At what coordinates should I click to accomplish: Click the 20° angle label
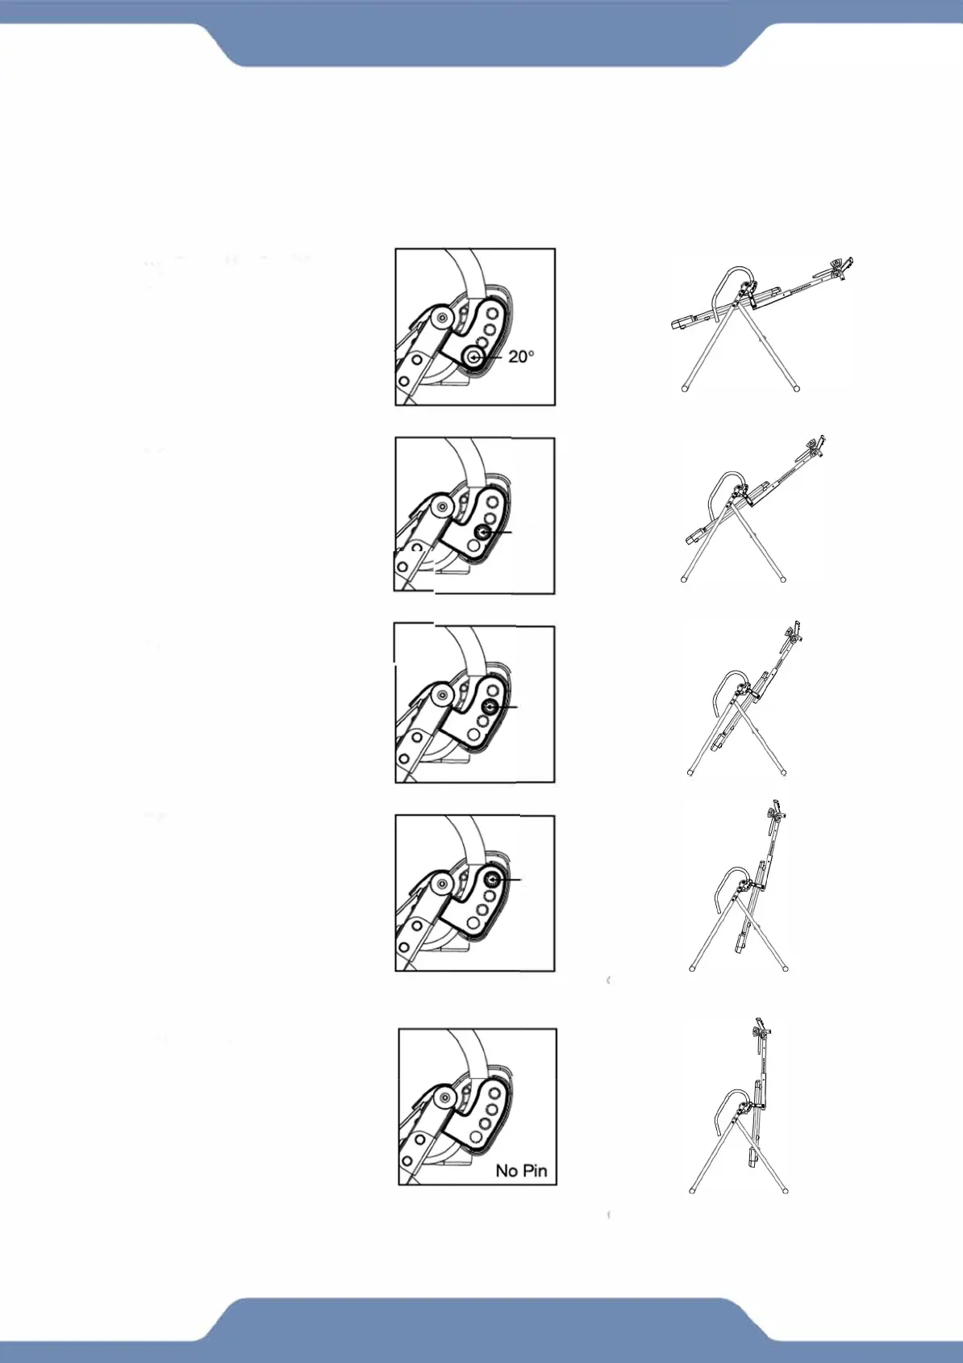point(521,356)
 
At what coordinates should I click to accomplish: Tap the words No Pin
point(521,1170)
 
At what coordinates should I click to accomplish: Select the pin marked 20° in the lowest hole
point(473,357)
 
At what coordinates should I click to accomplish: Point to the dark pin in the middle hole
point(489,706)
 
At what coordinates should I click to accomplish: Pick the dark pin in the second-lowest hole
point(483,532)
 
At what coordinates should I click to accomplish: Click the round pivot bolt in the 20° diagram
point(440,318)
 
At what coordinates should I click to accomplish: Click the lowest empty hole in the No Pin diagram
point(476,1137)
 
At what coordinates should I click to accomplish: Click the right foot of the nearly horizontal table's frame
point(797,388)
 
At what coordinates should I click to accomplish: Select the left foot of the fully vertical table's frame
point(692,1189)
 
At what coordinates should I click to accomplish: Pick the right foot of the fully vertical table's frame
point(785,1189)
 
